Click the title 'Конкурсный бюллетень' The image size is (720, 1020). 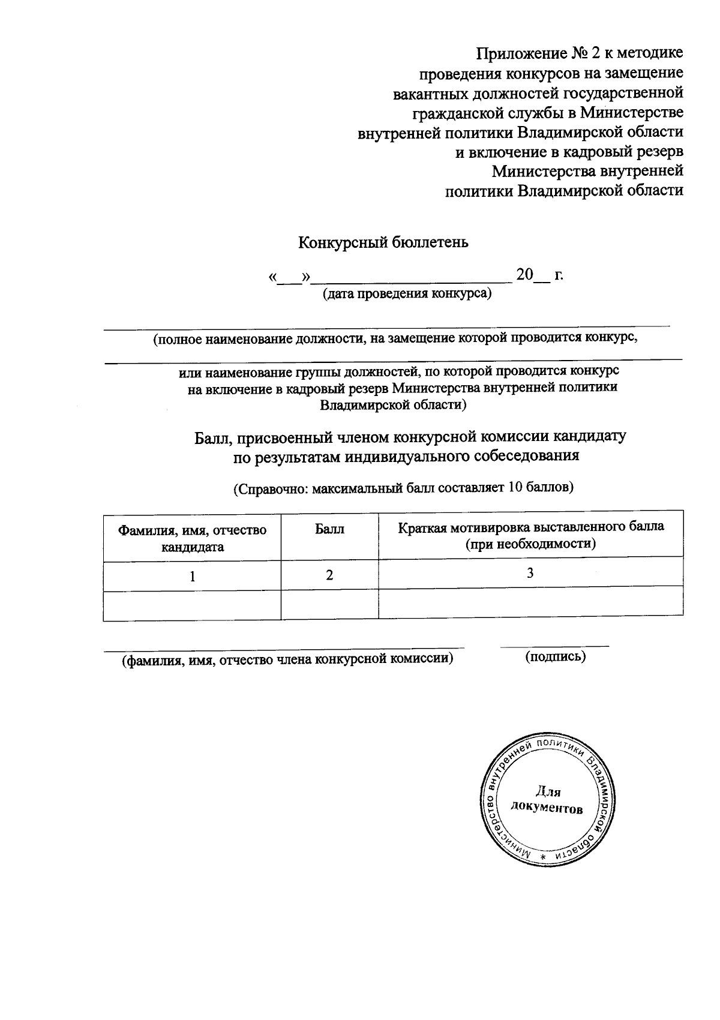coord(383,243)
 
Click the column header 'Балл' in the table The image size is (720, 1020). coord(329,529)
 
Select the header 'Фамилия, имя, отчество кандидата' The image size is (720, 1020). coord(192,538)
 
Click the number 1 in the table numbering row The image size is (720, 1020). coord(192,577)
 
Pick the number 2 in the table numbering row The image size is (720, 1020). coord(329,575)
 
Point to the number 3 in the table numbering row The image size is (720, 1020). coord(530,573)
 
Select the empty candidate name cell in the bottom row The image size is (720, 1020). coord(192,605)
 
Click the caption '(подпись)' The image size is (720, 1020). coord(555,656)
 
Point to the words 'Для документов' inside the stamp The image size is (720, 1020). coord(546,800)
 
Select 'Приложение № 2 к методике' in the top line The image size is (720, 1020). coord(580,53)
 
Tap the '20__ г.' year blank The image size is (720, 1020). coord(539,275)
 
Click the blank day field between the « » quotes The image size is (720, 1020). coord(290,277)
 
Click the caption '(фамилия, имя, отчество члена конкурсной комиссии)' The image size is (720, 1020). coord(287,660)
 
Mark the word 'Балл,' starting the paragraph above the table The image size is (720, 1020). coord(212,437)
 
